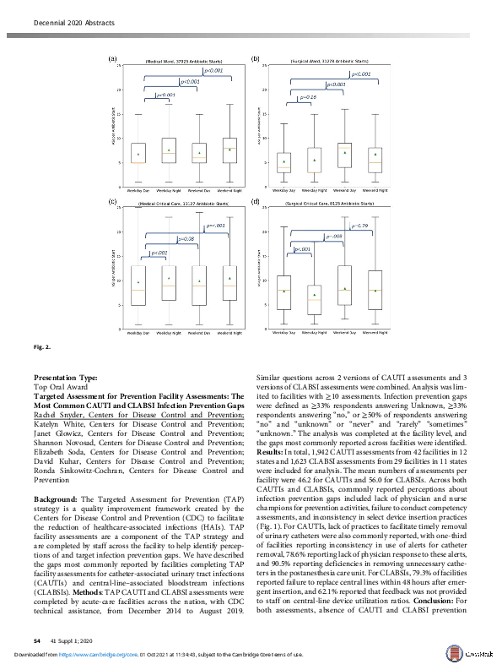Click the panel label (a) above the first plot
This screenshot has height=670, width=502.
tap(113, 59)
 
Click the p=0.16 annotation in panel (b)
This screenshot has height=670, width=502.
tap(309, 98)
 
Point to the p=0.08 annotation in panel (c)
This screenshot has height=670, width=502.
tap(186, 240)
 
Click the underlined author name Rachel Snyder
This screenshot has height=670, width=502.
tap(58, 415)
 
